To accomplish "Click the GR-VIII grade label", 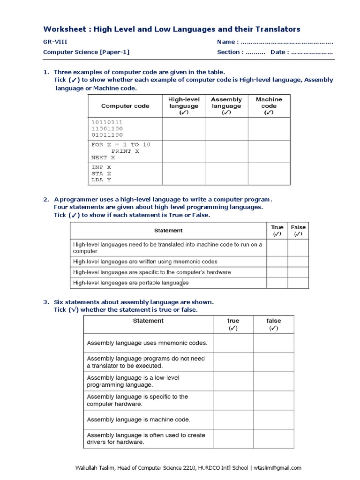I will click(x=52, y=42).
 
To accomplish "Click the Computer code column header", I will click(x=125, y=106).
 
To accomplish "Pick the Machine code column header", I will click(x=269, y=106).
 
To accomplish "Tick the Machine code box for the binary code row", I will click(x=269, y=129).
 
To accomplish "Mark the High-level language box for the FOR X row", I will click(x=183, y=151).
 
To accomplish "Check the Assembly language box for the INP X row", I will click(x=226, y=173).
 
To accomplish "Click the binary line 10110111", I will click(x=107, y=122).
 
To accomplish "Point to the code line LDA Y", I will click(x=101, y=180).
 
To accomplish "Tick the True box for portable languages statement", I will click(x=277, y=283).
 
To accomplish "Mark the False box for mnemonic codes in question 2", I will click(x=298, y=262).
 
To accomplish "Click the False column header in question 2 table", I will click(x=298, y=230).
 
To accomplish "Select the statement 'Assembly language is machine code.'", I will click(x=138, y=420).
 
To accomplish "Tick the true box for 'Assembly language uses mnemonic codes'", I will click(x=233, y=343).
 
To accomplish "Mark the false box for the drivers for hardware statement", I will click(x=274, y=438).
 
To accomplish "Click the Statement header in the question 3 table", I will click(x=148, y=321).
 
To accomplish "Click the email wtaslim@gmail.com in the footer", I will click(x=278, y=467).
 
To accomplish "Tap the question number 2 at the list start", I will click(x=45, y=200).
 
